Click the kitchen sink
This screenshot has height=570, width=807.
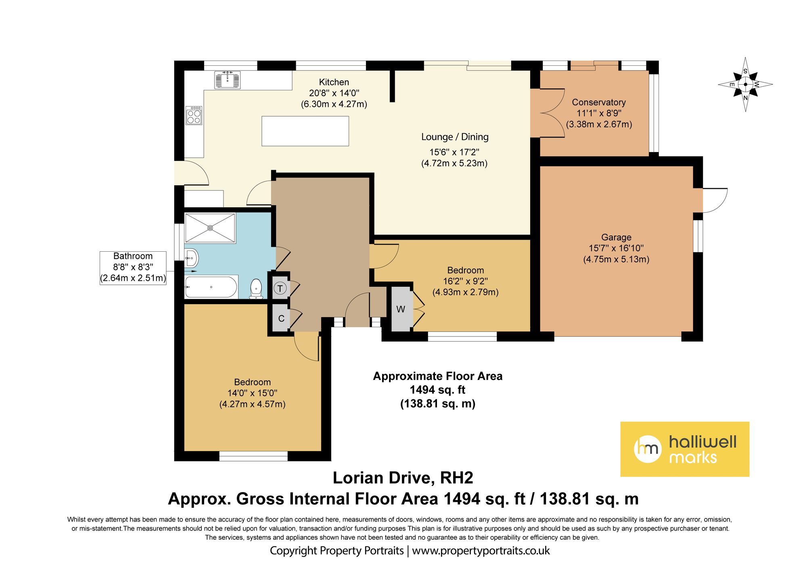point(228,79)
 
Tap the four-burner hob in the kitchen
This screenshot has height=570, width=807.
point(194,115)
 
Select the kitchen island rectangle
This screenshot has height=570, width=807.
point(305,131)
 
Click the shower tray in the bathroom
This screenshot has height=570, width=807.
point(210,228)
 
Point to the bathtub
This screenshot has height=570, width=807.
point(211,287)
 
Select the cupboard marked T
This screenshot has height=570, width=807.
point(280,288)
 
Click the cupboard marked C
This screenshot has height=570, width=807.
point(281,318)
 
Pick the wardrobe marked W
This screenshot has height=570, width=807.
point(401,309)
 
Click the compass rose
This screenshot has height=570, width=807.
point(745,84)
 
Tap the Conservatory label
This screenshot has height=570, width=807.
point(599,102)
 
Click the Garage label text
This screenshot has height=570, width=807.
point(616,238)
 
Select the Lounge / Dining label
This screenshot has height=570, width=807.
point(455,137)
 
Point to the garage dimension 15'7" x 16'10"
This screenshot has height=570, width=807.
point(616,248)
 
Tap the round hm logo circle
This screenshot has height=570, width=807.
point(648,449)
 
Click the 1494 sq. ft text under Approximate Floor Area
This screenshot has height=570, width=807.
point(438,390)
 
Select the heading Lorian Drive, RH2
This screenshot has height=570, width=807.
point(403,478)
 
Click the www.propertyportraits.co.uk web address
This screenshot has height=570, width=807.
point(481,551)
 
